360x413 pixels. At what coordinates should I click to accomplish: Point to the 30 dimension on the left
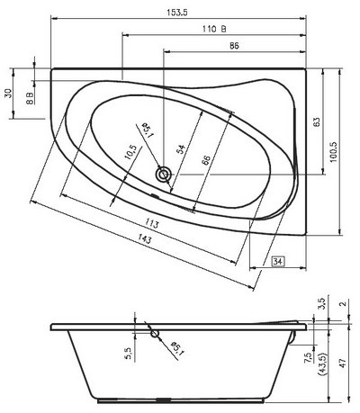tap(8, 93)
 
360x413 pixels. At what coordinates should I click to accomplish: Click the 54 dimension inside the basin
tap(180, 149)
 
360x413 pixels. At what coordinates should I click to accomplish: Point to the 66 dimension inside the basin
tap(205, 160)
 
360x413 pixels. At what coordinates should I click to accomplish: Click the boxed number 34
tap(278, 261)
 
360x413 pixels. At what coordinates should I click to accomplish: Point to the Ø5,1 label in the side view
tap(177, 346)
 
